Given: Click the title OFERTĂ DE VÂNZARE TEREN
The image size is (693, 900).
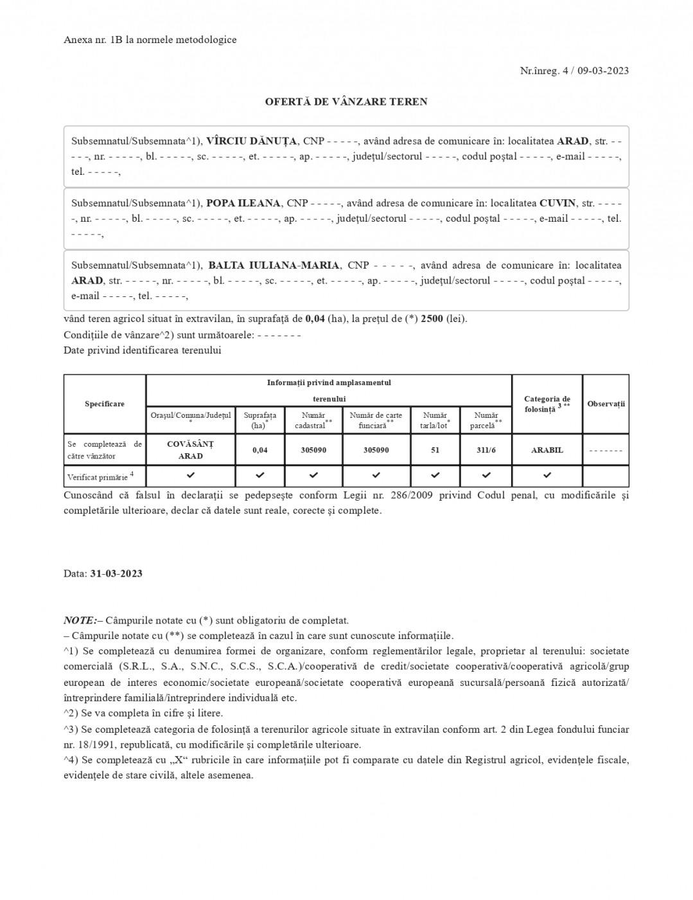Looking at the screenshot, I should click(x=346, y=102).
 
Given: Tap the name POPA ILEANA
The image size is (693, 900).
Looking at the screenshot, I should click(x=243, y=203).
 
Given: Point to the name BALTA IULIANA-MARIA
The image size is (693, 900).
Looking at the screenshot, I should click(x=274, y=265).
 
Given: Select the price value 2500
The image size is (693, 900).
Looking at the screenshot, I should click(x=432, y=319).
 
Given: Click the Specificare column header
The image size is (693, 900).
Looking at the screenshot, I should click(x=105, y=404).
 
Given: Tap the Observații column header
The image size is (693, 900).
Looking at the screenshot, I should click(x=606, y=404).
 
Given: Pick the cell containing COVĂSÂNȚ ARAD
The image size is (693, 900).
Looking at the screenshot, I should click(x=191, y=450).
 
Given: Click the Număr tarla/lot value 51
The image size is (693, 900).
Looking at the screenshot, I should click(x=435, y=450).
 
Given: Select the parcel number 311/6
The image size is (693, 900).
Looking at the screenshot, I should click(x=486, y=450).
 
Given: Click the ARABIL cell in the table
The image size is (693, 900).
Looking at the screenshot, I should click(x=547, y=450).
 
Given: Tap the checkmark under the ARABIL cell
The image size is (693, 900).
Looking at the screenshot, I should click(x=547, y=476).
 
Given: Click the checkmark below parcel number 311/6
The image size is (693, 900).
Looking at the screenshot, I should click(x=486, y=476).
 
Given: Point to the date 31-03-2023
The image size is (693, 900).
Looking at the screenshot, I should click(x=116, y=573).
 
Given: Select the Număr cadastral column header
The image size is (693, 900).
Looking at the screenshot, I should click(x=313, y=420).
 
